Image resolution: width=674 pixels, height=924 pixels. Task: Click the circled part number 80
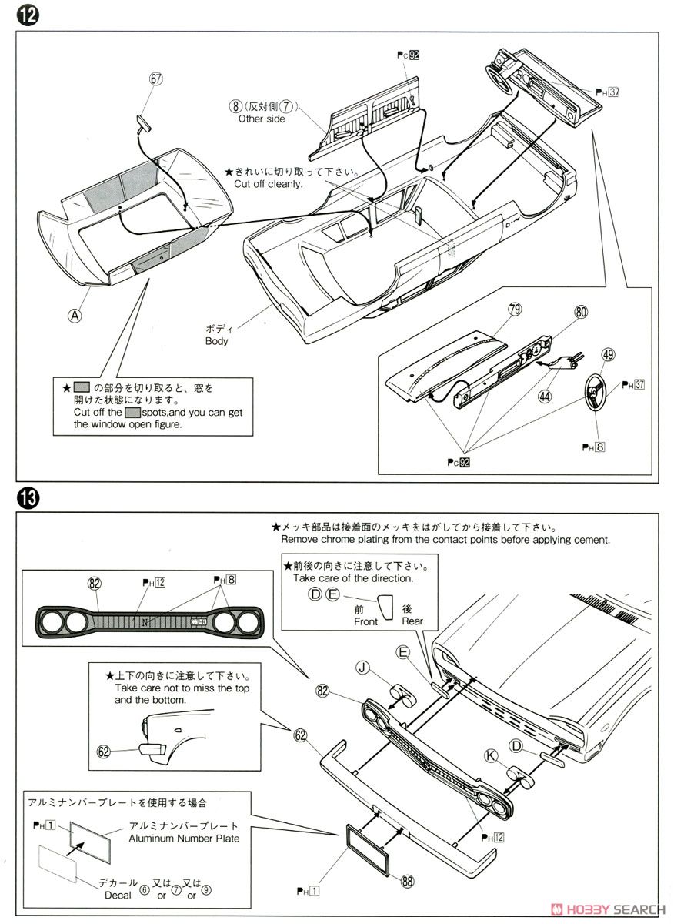579,313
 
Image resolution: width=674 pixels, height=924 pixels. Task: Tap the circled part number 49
608,355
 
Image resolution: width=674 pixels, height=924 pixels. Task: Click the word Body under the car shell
216,340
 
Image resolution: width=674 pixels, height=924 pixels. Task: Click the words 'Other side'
262,119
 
